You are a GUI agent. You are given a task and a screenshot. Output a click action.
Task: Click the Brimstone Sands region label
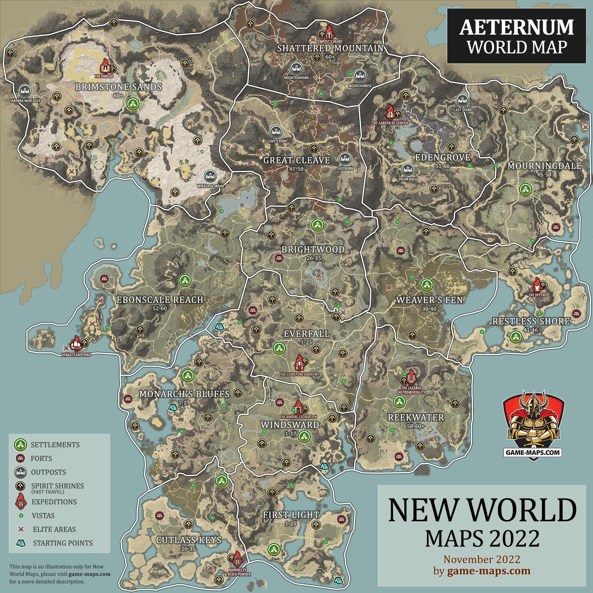118,87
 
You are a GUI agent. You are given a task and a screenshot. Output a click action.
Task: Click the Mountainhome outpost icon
296,68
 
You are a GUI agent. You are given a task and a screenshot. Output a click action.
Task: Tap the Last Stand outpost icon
463,100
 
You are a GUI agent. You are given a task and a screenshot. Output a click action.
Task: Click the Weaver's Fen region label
429,300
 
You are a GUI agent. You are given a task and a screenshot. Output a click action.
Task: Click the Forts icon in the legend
21,458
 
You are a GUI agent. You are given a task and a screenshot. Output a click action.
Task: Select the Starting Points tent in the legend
21,543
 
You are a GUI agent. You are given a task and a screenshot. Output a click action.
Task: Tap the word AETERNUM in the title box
516,27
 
